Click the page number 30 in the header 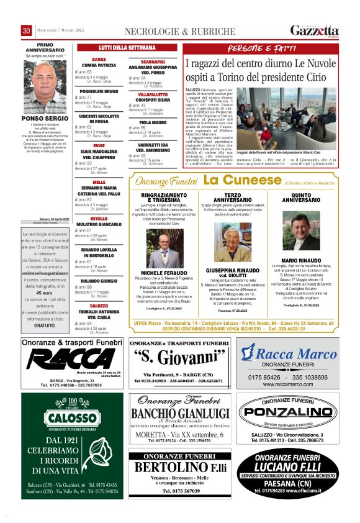click(27, 31)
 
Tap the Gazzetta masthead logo click(315, 30)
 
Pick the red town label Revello click(99, 219)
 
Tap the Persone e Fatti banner click(261, 48)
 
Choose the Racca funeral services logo click(72, 360)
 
